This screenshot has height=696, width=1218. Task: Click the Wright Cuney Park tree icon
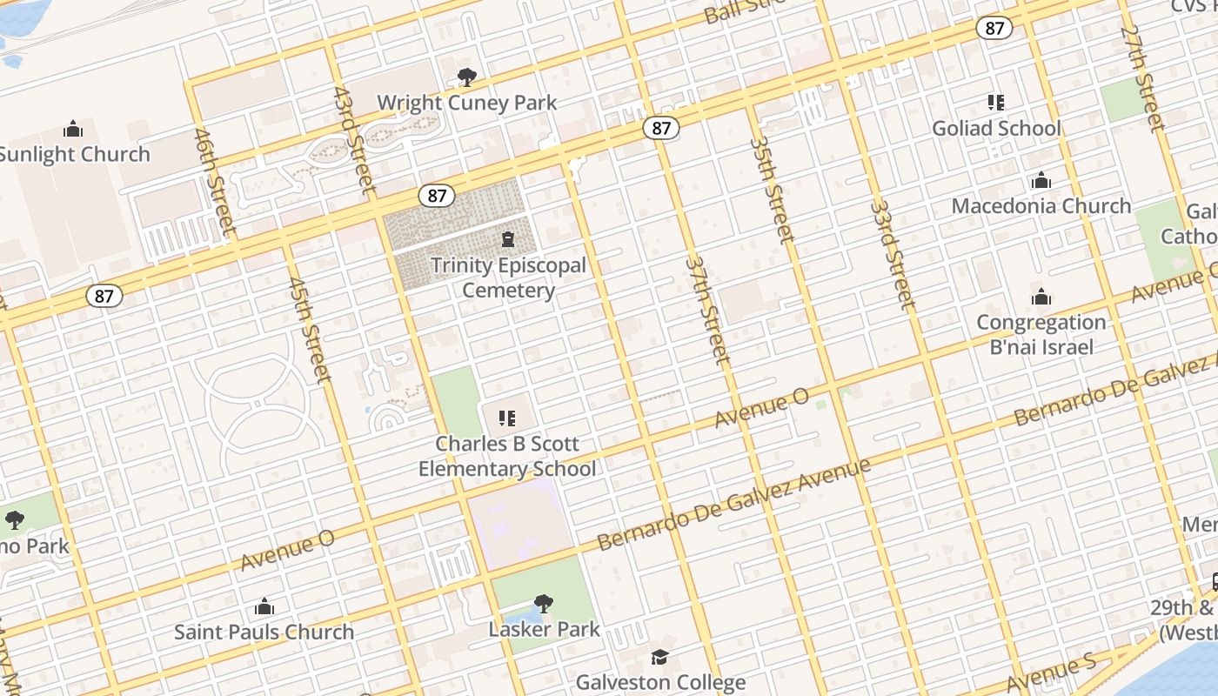point(467,77)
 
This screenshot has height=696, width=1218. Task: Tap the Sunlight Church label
point(75,154)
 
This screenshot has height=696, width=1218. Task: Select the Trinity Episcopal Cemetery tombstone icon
point(508,239)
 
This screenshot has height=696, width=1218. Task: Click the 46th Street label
point(214,182)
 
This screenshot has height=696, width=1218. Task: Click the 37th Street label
point(706,309)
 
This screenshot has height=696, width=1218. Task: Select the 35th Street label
point(772,190)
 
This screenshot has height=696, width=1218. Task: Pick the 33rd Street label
point(893,255)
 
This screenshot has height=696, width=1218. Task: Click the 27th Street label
point(1142,78)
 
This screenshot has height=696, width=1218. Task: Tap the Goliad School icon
point(996,103)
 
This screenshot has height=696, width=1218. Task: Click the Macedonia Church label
point(1041,206)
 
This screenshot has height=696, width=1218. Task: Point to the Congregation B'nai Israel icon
point(1041,298)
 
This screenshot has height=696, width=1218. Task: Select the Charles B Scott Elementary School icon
point(507,418)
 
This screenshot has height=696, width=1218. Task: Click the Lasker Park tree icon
point(544,603)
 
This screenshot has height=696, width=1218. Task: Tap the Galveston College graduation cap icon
point(660,656)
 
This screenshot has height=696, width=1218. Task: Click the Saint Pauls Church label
point(264,632)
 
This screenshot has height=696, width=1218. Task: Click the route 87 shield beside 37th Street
point(661,129)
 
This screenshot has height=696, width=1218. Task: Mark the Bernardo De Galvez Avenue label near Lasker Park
point(733,505)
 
